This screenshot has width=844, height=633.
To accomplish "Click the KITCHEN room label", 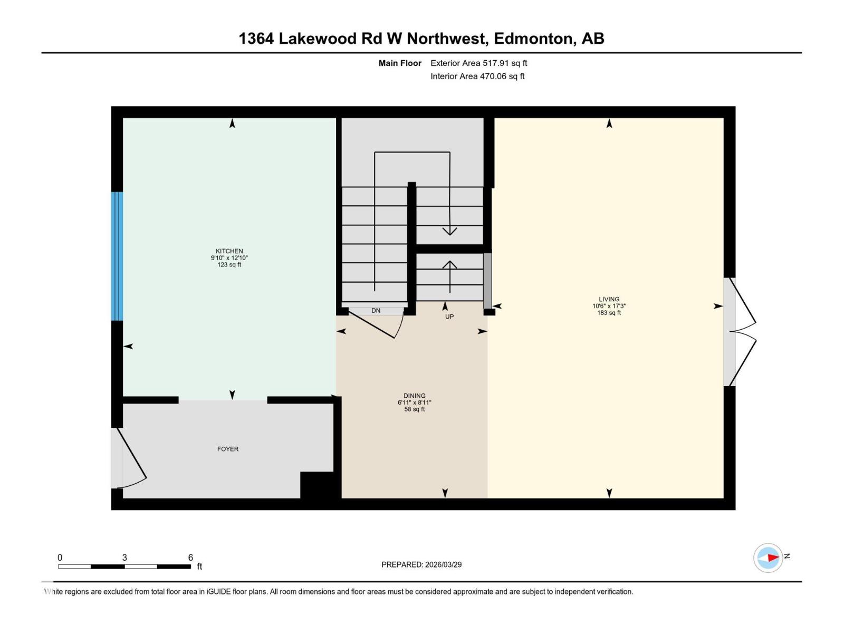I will point(229,251).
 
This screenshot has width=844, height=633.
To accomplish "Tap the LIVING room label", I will point(609,299).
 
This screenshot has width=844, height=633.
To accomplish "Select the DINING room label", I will point(414,396).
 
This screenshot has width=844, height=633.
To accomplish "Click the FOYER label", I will point(228,449).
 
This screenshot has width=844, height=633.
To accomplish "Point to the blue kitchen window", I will point(117,256).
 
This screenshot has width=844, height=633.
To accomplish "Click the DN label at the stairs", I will point(376,311).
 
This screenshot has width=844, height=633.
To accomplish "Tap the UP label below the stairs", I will point(449,316).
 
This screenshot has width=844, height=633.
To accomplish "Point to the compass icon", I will point(768,558).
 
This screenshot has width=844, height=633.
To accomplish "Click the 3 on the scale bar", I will point(124,558).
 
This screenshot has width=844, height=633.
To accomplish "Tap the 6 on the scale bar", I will point(190,558).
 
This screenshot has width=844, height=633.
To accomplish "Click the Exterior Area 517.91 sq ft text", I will point(478,63).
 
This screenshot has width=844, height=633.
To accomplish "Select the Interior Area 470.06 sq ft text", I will point(477,76).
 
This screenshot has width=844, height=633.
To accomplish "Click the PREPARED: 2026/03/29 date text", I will point(421,564).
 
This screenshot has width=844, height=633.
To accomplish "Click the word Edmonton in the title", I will point(534,39).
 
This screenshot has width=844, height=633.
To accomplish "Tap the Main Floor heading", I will point(400,63).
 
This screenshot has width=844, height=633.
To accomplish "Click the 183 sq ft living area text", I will point(609,313).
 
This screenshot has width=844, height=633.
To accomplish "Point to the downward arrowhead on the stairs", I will point(449,231).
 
